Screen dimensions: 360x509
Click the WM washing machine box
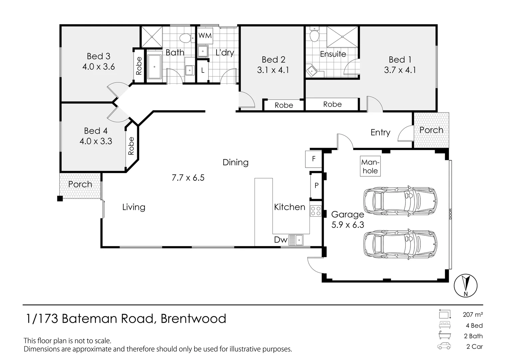coord(205,35)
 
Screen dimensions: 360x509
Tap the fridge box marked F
coord(313,159)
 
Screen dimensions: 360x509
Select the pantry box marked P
coord(316,185)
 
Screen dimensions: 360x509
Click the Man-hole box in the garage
coord(370,167)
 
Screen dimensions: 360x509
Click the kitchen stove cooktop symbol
coord(316,211)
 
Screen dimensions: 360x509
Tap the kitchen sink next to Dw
coord(295,240)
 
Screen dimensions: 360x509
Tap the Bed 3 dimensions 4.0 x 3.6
coord(99,67)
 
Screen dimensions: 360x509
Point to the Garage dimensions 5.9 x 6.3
coord(348,225)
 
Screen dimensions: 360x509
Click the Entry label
coord(380,132)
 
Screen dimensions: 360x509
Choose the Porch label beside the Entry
coord(431,130)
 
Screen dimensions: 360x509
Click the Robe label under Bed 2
coord(284,105)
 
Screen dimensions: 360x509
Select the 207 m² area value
coord(473,314)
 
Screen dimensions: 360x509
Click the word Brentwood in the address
coord(193,319)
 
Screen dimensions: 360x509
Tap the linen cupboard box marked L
coord(203,71)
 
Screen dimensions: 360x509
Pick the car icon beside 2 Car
coord(444,346)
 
